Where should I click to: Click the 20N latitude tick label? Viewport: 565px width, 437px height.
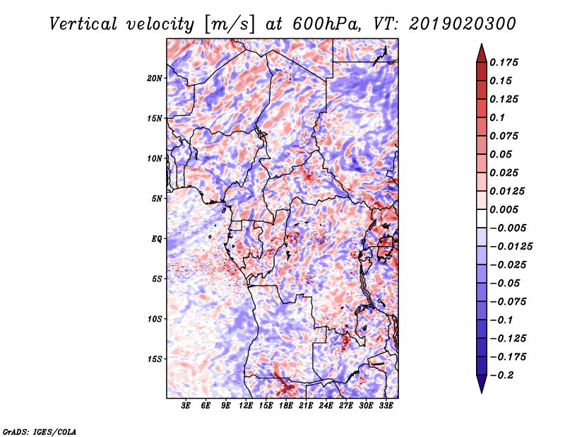155,78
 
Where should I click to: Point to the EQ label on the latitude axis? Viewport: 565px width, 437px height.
156,239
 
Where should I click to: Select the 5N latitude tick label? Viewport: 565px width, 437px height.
157,199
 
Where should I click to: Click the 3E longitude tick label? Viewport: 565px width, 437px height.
186,406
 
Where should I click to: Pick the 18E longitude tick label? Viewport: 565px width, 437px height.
286,406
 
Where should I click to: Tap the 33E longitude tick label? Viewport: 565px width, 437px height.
386,406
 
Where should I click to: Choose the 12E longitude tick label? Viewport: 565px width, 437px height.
246,406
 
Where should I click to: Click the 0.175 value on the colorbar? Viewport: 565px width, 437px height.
504,62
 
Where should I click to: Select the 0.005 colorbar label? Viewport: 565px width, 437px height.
504,209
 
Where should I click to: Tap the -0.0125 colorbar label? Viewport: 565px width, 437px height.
511,247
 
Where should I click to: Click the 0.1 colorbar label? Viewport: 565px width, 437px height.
497,117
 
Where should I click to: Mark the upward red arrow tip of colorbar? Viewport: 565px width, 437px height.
482,45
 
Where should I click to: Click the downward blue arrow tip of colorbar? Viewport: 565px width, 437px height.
482,392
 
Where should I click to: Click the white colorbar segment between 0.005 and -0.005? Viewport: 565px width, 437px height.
482,218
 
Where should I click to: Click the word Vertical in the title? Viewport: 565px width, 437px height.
83,24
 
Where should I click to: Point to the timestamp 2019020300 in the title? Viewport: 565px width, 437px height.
463,24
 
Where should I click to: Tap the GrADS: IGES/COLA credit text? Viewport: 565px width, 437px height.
40,432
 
